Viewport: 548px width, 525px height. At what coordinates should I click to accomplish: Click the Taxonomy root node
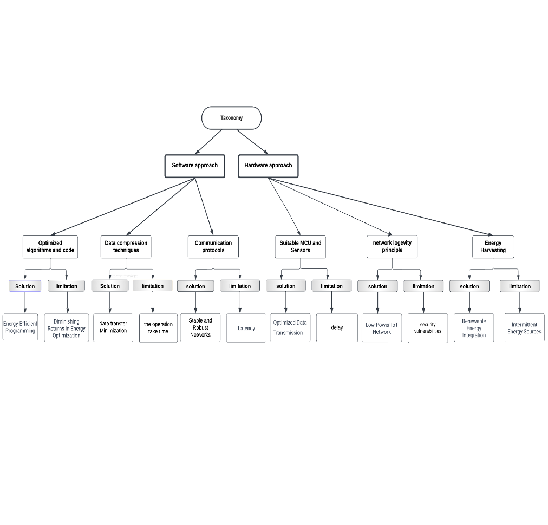pyautogui.click(x=231, y=118)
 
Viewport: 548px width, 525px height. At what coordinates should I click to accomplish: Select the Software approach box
pyautogui.click(x=194, y=166)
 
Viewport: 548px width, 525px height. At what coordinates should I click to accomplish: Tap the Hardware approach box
pyautogui.click(x=268, y=166)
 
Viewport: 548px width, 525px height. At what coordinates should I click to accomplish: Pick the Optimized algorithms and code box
pyautogui.click(x=50, y=247)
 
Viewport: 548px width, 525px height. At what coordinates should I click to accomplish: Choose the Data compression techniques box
pyautogui.click(x=126, y=247)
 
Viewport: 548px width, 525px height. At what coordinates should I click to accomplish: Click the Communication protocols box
pyautogui.click(x=213, y=247)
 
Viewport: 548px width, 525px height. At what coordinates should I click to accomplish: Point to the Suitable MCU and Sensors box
pyautogui.click(x=300, y=247)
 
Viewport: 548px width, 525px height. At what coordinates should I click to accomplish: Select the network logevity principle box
pyautogui.click(x=392, y=247)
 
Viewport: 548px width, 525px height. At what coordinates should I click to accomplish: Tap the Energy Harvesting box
pyautogui.click(x=493, y=247)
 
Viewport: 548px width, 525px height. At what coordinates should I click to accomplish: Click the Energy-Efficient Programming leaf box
pyautogui.click(x=20, y=327)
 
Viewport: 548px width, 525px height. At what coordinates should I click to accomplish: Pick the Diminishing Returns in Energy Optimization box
pyautogui.click(x=67, y=327)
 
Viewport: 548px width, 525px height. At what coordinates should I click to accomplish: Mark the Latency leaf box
pyautogui.click(x=246, y=328)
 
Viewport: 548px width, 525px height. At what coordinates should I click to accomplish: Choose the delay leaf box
pyautogui.click(x=337, y=327)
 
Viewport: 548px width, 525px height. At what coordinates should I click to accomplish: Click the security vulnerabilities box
pyautogui.click(x=428, y=328)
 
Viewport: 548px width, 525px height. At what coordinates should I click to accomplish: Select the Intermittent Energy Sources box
pyautogui.click(x=525, y=327)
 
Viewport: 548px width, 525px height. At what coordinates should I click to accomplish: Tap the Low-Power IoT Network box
pyautogui.click(x=382, y=327)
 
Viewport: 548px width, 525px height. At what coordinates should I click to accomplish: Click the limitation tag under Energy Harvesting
pyautogui.click(x=520, y=286)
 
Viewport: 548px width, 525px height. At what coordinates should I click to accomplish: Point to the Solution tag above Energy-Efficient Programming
pyautogui.click(x=25, y=286)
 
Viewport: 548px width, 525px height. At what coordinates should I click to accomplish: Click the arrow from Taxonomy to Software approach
pyautogui.click(x=208, y=142)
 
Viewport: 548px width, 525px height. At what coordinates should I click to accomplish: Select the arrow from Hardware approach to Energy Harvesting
pyautogui.click(x=381, y=207)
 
